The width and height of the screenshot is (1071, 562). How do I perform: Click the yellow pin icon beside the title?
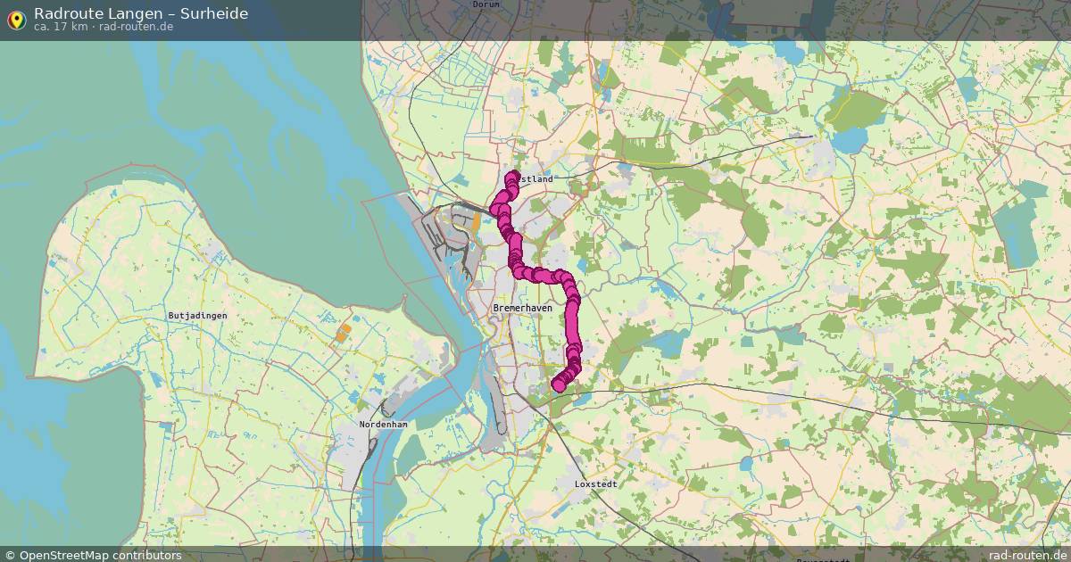pos(16,19)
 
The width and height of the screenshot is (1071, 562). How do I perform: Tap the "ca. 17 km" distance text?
pos(61,27)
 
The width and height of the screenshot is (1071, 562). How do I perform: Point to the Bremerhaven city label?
pos(522,308)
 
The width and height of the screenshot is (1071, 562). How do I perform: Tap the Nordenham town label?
pos(383,425)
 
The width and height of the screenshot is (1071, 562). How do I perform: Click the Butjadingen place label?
pos(197,316)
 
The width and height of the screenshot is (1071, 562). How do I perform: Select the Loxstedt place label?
pos(597,483)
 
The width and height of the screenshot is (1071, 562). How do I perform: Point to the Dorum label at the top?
pos(486,4)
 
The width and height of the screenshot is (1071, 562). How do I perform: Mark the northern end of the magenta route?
pos(514,177)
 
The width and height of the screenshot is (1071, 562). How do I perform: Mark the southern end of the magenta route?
pos(559,385)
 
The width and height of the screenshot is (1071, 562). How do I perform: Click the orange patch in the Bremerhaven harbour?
pos(475,220)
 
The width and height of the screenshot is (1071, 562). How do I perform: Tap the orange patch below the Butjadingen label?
pos(344,333)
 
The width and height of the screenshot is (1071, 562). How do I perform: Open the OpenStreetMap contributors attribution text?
pos(100,555)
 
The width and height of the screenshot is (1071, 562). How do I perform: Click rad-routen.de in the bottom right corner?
pos(1027,555)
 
